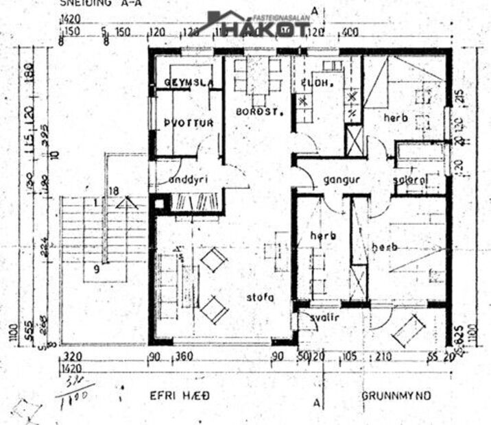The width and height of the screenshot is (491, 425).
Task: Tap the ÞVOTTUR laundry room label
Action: [x=189, y=123]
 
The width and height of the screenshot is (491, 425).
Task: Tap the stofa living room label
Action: [x=261, y=297]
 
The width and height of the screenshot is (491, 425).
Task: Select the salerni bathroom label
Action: [x=410, y=181]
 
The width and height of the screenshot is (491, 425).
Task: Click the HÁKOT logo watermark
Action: [x=261, y=26]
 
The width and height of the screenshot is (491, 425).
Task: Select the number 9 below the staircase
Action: [x=97, y=269]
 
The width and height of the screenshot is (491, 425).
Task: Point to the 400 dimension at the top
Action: [x=351, y=32]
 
